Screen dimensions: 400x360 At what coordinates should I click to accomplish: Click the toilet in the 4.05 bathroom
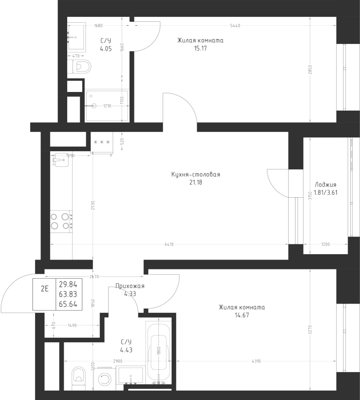(80, 67)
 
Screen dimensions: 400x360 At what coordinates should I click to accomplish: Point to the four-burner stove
(61, 221)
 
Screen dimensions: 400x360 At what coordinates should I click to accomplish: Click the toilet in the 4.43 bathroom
(78, 377)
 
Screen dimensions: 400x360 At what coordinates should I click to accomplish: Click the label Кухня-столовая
(195, 175)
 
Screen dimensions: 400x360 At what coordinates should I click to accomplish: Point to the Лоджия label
(325, 185)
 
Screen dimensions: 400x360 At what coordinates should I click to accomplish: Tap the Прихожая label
(129, 286)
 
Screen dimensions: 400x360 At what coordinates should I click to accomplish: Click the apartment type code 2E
(44, 288)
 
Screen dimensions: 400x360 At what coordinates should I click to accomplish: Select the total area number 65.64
(67, 304)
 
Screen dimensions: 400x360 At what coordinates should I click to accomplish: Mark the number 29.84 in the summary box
(67, 284)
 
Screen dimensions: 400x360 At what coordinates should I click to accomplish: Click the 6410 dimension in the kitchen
(169, 244)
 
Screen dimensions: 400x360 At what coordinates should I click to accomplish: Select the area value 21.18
(195, 182)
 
